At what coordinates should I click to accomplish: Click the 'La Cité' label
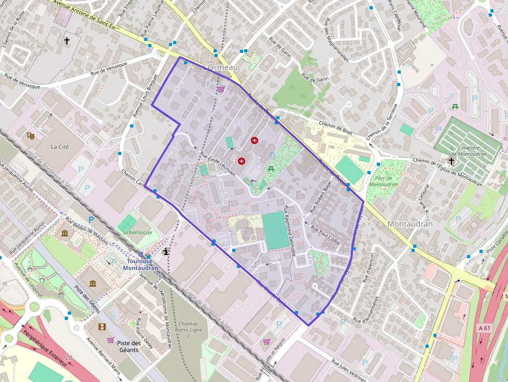tap(60, 147)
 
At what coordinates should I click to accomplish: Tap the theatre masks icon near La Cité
tap(31, 135)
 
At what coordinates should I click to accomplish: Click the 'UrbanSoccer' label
tap(138, 232)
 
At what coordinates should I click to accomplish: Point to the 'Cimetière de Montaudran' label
tap(472, 151)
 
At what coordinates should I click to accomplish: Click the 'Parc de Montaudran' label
tap(384, 181)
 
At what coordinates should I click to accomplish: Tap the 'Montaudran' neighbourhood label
tap(410, 224)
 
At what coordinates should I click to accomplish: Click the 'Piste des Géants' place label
tap(129, 347)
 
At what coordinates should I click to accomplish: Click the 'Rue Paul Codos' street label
tap(326, 234)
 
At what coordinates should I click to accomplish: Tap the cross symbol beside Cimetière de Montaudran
tap(451, 161)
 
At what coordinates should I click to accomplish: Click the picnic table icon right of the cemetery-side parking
tap(455, 107)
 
